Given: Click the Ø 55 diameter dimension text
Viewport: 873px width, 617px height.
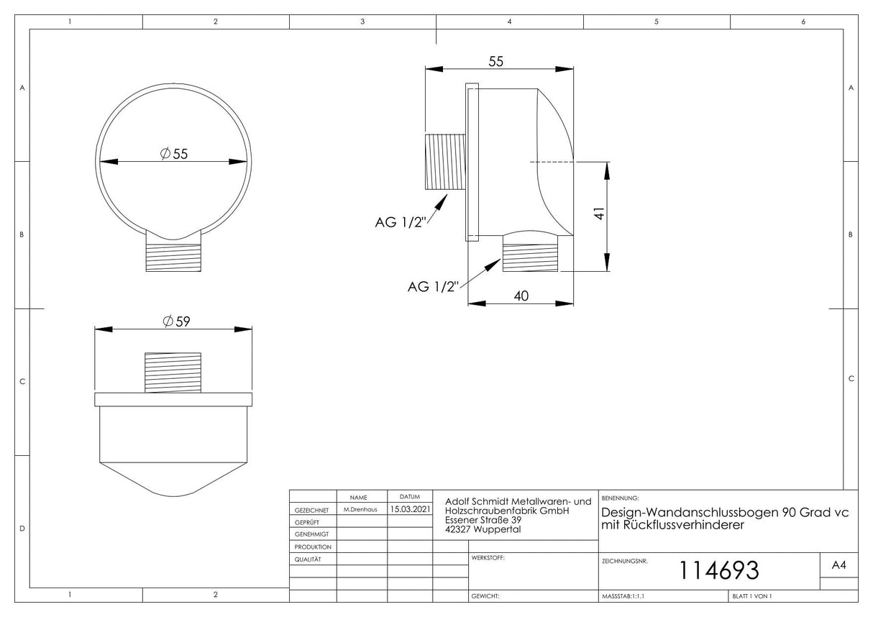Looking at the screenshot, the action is (x=174, y=154).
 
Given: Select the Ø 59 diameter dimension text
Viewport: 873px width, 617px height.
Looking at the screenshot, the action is (x=176, y=321).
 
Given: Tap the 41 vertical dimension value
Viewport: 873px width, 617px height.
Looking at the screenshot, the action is (x=599, y=213).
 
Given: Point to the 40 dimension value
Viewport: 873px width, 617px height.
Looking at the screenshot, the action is (x=521, y=296).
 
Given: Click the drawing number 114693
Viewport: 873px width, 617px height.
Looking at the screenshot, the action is (x=719, y=570).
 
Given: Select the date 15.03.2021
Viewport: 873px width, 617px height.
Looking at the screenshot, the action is (x=410, y=509).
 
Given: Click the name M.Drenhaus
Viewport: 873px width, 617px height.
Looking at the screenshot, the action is (x=360, y=509).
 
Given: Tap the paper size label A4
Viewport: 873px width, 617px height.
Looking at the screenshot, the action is (x=838, y=565).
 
